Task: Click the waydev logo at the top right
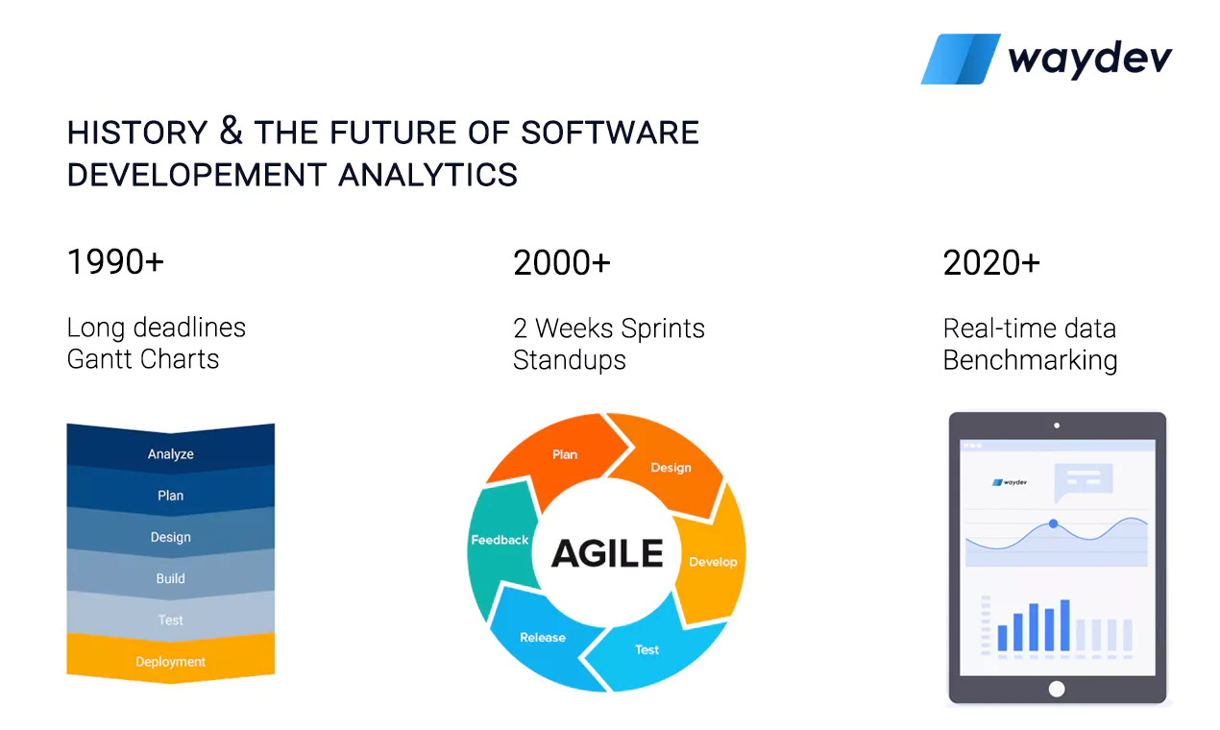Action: pyautogui.click(x=1046, y=59)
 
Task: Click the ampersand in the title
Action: pyautogui.click(x=231, y=131)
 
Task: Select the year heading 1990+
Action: pyautogui.click(x=115, y=261)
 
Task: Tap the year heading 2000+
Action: pyautogui.click(x=562, y=262)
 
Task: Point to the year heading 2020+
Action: pyautogui.click(x=991, y=262)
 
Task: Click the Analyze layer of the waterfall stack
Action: pyautogui.click(x=170, y=450)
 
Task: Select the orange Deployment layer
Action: pyautogui.click(x=170, y=658)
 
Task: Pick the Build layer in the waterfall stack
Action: pyautogui.click(x=170, y=575)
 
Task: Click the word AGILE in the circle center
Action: pyautogui.click(x=607, y=553)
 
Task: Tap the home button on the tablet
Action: pyautogui.click(x=1057, y=689)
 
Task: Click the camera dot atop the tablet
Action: pyautogui.click(x=1057, y=426)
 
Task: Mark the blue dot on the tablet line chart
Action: pyautogui.click(x=1054, y=523)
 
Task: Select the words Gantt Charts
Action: pyautogui.click(x=143, y=359)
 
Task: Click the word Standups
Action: pyautogui.click(x=569, y=360)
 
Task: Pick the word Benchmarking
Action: pyautogui.click(x=1030, y=360)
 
